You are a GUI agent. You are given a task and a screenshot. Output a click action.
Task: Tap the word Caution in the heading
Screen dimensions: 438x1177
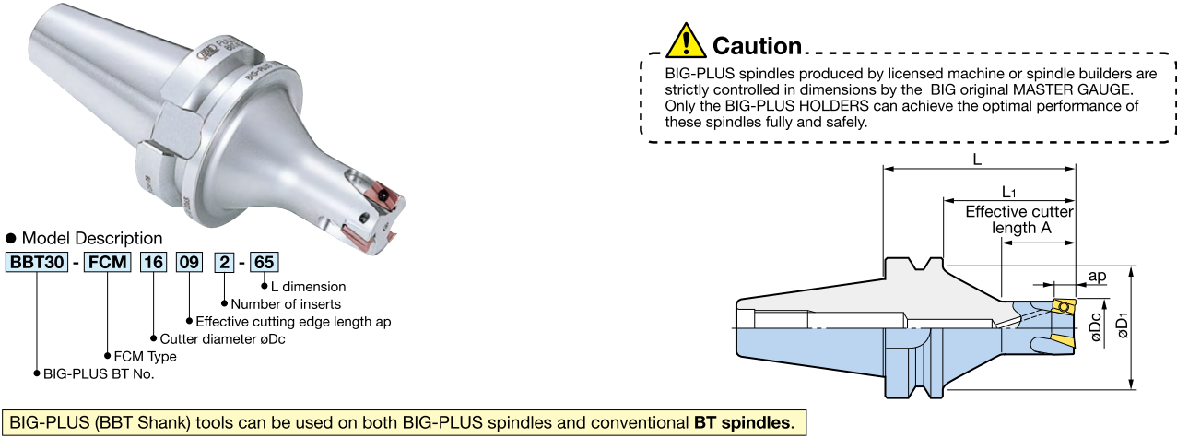757,45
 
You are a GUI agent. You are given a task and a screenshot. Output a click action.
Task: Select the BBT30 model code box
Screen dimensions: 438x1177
37,261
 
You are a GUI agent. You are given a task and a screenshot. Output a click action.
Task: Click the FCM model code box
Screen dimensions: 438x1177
108,261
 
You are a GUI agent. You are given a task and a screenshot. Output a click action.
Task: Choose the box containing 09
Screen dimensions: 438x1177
189,261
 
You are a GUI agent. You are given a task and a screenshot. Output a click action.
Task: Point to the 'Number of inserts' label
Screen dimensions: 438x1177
286,304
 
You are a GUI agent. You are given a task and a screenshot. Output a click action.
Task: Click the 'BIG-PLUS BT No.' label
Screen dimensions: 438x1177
99,373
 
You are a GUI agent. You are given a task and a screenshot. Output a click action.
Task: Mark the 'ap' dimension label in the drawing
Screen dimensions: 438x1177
1097,276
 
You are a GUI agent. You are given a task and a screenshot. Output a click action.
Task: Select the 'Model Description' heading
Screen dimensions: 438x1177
91,238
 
